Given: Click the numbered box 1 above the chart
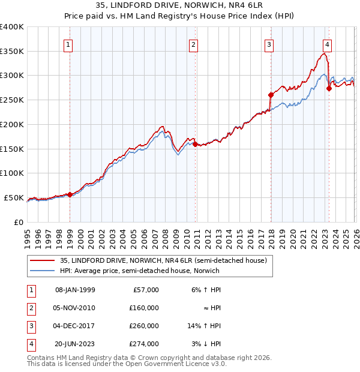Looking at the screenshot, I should click(x=68, y=44).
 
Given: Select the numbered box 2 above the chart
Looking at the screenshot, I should click(x=194, y=44).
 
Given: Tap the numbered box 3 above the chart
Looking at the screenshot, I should click(x=269, y=44).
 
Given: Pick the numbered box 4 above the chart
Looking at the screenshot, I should click(x=327, y=44).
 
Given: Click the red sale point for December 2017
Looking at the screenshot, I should click(x=271, y=95).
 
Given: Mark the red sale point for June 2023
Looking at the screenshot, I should click(x=329, y=88).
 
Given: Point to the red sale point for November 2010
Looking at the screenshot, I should click(x=196, y=144).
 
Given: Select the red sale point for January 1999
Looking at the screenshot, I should click(x=70, y=194).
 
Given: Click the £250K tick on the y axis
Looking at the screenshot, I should click(x=12, y=100).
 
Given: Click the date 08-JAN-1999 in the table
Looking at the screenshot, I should click(x=75, y=290).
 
